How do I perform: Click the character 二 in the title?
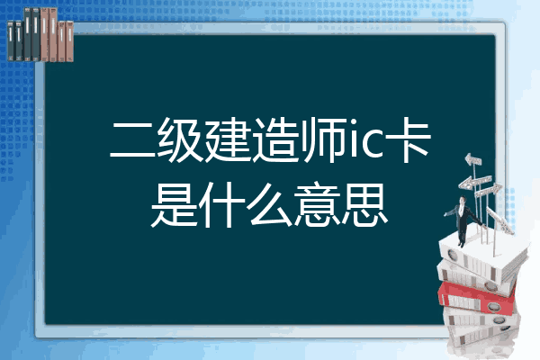point(133,140)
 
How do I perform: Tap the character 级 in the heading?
point(181,140)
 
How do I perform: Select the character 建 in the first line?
point(229,140)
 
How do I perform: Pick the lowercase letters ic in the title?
point(365,141)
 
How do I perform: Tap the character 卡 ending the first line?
point(408,140)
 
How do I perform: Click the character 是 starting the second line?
point(175,204)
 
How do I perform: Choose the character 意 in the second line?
point(318,204)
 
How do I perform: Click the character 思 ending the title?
point(364,204)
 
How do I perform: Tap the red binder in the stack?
point(477,297)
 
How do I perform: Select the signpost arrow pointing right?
point(489,190)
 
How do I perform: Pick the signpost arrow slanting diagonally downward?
point(500,220)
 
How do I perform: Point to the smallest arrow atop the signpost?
point(472,160)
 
